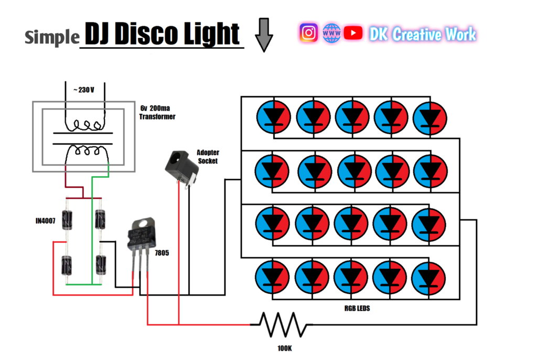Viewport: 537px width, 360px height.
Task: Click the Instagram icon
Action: pos(309,33)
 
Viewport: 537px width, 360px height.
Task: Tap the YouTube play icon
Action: pos(355,33)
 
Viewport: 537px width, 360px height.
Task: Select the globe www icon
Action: pos(332,33)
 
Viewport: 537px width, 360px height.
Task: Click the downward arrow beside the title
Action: pos(264,35)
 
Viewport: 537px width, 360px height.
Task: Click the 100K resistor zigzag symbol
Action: pos(284,324)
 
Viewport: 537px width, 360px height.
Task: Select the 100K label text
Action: pos(284,347)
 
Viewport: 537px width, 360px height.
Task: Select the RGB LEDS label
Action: pos(356,309)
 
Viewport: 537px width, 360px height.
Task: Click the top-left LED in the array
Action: pos(273,116)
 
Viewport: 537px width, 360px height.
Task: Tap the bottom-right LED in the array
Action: pos(429,278)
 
